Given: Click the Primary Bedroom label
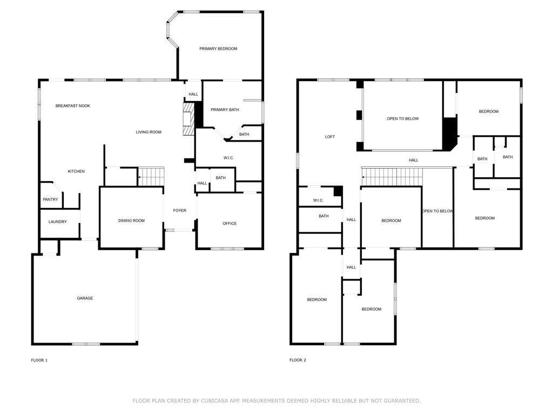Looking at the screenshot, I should tap(218, 49).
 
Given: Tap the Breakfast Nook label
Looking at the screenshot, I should tap(73, 106).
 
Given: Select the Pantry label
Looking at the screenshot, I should tap(50, 199).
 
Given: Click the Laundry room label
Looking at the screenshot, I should tap(58, 222).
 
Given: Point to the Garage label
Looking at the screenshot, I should tap(85, 298).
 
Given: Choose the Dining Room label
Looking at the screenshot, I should tap(131, 220).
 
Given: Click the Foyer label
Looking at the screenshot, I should tap(179, 210).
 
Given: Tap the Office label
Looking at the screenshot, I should tap(230, 223).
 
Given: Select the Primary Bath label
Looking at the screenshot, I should tap(225, 110).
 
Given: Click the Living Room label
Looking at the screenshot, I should tap(149, 132).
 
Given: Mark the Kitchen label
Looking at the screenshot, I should tap(76, 171).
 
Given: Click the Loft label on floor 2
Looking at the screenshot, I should tap(330, 137).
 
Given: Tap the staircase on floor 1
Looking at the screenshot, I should tap(151, 176).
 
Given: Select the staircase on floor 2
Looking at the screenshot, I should tap(391, 176).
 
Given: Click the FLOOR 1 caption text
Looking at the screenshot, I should tap(39, 360).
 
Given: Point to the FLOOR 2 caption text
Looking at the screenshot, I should tap(298, 360).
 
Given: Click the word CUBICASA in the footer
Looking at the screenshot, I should tap(216, 401).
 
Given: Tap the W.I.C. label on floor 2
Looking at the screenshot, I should tap(318, 200).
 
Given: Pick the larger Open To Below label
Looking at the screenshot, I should tap(403, 118).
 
